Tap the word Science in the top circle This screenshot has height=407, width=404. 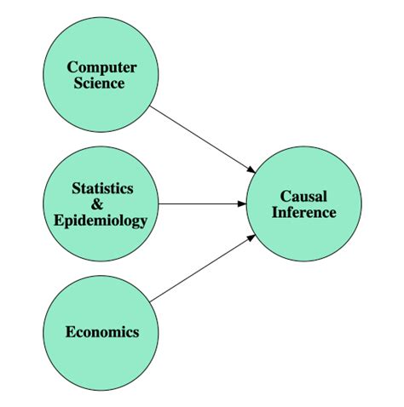(x=102, y=83)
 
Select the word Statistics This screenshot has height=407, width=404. (x=102, y=188)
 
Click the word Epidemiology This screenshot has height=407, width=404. (x=101, y=221)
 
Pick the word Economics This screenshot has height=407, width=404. (x=102, y=332)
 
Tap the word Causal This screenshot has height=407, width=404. (x=303, y=197)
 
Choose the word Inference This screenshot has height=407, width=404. (x=303, y=212)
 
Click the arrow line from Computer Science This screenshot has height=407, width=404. (x=200, y=134)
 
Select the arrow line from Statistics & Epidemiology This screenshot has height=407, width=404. (x=200, y=204)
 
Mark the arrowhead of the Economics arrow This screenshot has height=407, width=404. (x=251, y=238)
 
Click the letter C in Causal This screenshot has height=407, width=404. (x=285, y=197)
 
